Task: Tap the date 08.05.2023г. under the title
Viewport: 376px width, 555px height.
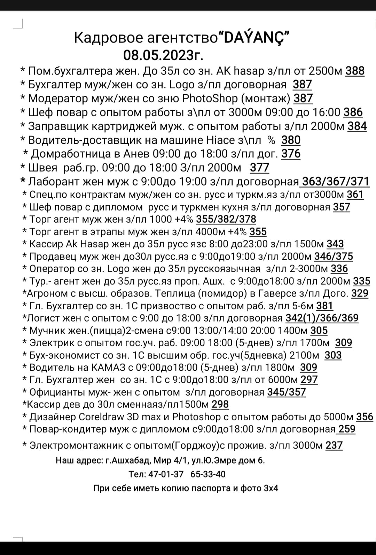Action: pos(164,55)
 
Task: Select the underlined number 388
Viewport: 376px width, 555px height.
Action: pos(355,71)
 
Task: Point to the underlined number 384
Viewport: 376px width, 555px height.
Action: pos(357,126)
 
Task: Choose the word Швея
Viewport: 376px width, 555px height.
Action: pos(42,168)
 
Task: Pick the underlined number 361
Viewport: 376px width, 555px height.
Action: pos(355,195)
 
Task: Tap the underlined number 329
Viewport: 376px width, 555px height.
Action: pos(360,293)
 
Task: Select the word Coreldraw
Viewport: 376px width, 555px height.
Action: pos(101,417)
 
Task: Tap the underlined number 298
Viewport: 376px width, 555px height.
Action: pos(220,404)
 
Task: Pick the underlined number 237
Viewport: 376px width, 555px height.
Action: pos(334,445)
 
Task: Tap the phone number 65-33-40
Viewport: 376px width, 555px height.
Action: pos(208,474)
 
